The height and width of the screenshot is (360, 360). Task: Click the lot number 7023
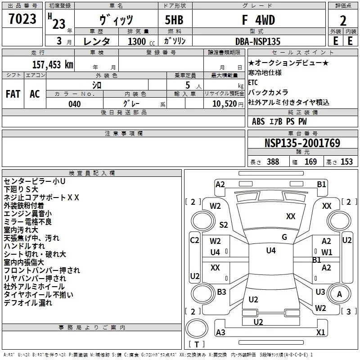coord(22,19)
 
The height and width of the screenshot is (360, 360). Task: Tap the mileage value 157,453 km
coord(53,64)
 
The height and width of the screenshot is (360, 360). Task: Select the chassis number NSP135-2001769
coord(302,143)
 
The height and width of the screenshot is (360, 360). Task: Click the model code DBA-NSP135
coord(258,41)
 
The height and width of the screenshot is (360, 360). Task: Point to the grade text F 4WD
coord(258,20)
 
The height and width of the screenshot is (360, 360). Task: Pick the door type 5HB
coord(174,20)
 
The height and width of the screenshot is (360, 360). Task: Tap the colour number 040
coord(75,104)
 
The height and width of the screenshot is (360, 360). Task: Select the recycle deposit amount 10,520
coord(225,104)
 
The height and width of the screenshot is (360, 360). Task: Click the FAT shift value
coord(13,94)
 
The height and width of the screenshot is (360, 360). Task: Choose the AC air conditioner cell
coord(35,94)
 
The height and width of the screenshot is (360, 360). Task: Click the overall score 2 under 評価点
coord(343,21)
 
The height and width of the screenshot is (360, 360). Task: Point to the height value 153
coord(346,162)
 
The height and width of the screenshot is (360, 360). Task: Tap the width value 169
coord(310,162)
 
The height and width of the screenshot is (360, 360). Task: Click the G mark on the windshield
coord(284,237)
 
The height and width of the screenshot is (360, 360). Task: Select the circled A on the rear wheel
coord(339,294)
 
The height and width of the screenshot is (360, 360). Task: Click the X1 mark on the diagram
coord(320,332)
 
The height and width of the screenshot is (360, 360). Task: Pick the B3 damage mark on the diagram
coord(221,292)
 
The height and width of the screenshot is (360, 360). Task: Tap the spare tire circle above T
coord(197,328)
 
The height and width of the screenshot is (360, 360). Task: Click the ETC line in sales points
coord(253,82)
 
